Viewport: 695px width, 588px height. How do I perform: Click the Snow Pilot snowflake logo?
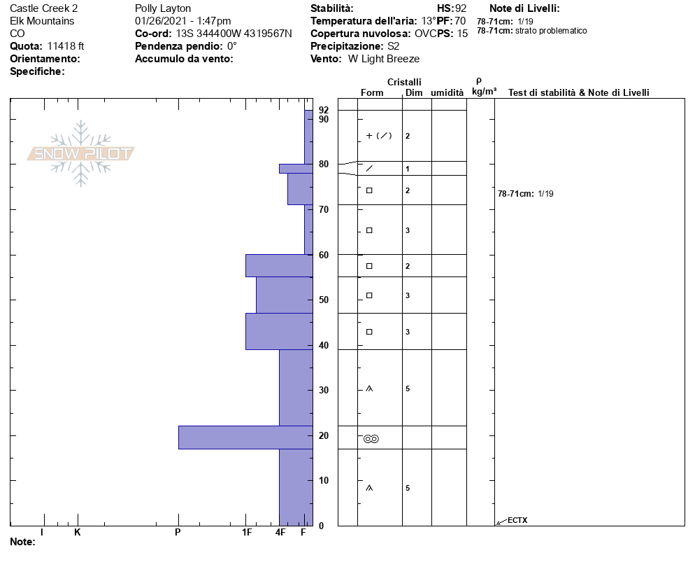pos(80,153)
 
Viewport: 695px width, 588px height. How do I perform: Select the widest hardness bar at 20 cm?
pos(245,437)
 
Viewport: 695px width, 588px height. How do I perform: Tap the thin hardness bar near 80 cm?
pos(296,169)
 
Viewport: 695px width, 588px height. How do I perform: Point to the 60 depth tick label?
pos(324,255)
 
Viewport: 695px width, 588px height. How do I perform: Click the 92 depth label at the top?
pos(324,110)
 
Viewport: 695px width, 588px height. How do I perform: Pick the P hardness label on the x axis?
pos(178,532)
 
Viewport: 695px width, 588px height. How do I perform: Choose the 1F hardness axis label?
pos(247,532)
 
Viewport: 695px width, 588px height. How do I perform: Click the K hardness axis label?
pos(77,532)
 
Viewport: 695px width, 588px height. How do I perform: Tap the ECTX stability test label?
pos(517,520)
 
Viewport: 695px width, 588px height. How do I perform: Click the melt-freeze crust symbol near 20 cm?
pos(371,439)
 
